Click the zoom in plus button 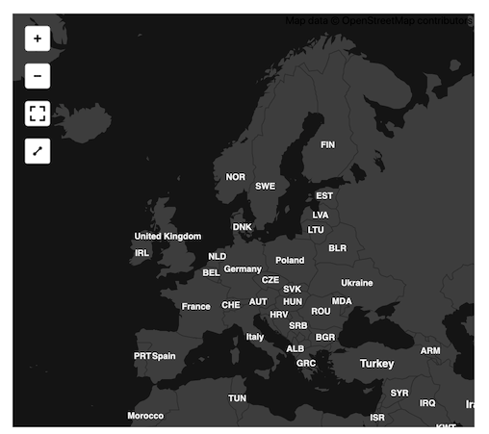[38, 38]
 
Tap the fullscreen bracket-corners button [38, 114]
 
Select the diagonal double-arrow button [38, 151]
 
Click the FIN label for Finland [328, 145]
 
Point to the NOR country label [236, 177]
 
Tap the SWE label [266, 187]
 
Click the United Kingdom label [168, 237]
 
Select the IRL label [142, 253]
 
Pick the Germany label [243, 269]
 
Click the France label [196, 307]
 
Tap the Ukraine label [356, 283]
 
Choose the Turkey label [377, 364]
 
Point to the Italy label [255, 337]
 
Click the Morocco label [145, 416]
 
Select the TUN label [238, 397]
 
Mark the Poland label [290, 260]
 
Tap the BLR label [338, 248]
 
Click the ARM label [430, 351]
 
